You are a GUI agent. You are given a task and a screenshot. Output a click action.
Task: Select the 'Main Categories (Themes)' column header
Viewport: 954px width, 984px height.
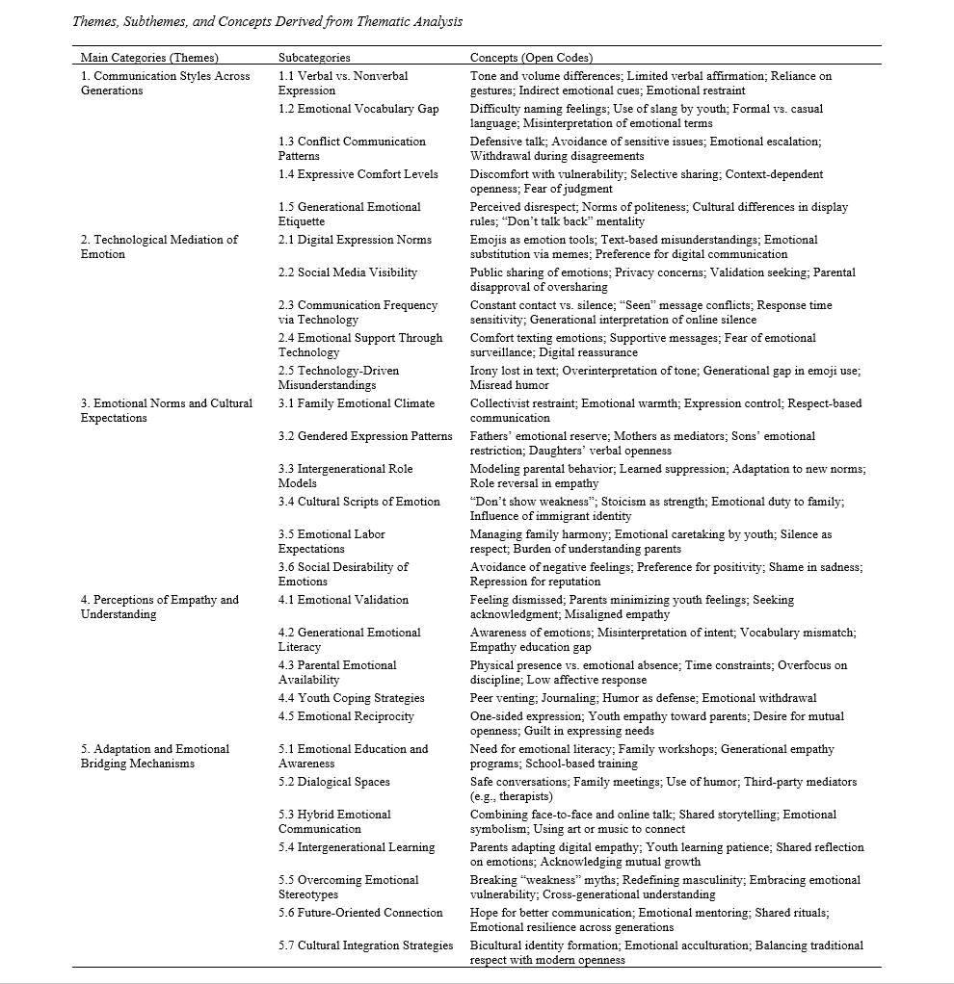pos(149,58)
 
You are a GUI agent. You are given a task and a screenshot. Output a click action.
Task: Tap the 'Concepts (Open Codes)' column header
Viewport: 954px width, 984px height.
pos(531,58)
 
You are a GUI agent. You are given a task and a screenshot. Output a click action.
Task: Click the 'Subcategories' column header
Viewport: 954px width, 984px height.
pos(314,58)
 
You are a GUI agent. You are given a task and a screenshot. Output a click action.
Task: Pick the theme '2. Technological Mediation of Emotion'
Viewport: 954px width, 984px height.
pos(159,246)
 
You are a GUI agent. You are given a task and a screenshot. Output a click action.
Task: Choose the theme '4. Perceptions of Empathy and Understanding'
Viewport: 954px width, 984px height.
pos(159,607)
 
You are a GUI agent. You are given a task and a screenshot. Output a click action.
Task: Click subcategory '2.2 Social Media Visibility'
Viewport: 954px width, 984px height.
pos(348,272)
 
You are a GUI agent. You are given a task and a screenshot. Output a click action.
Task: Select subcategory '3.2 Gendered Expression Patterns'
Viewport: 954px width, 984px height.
pos(365,436)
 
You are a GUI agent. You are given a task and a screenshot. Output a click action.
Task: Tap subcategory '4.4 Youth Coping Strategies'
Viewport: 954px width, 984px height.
pos(351,698)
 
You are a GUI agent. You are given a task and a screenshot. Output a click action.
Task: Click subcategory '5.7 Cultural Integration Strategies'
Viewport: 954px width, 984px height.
pos(365,945)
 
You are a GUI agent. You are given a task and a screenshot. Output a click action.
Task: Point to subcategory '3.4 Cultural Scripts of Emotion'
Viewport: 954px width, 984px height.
pos(358,502)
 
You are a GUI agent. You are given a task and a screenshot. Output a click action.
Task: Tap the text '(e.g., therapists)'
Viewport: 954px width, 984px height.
pos(513,796)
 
